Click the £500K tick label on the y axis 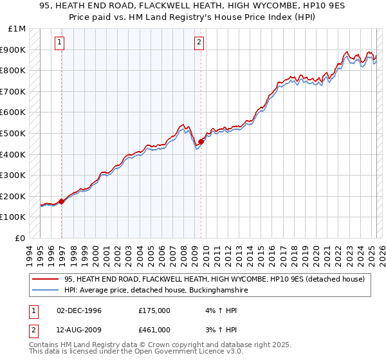pos(14,133)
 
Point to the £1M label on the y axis pos(17,29)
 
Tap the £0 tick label pos(21,238)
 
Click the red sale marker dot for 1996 pos(62,201)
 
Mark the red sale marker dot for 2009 pos(201,141)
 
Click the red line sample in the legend pos(46,279)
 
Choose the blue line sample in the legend pos(46,291)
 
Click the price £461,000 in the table pos(154,330)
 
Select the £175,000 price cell pos(154,310)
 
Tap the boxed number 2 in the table pos(33,330)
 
